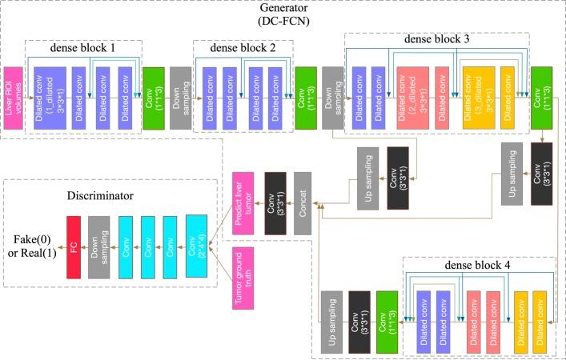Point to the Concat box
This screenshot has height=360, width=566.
[x=303, y=203]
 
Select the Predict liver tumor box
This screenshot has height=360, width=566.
[x=243, y=203]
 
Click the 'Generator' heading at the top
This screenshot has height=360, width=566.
[x=283, y=8]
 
